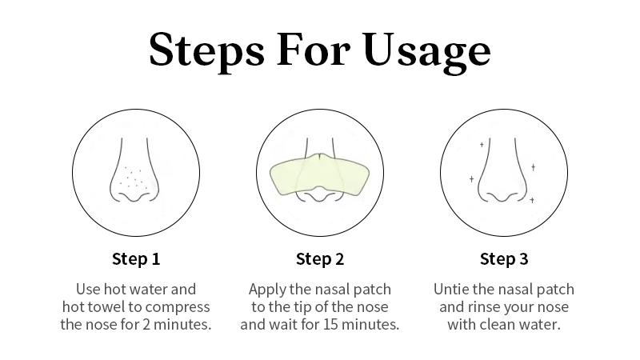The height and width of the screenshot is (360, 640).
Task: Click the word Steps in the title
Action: (207, 50)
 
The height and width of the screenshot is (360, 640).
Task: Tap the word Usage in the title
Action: (427, 51)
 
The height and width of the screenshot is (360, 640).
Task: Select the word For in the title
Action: (313, 49)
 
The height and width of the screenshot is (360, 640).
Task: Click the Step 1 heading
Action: (136, 258)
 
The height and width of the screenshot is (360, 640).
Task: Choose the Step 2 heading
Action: (320, 258)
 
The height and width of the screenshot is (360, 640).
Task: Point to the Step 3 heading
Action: (504, 258)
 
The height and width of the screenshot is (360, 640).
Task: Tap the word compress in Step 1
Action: (178, 308)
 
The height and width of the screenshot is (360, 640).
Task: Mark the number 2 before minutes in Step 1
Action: (146, 325)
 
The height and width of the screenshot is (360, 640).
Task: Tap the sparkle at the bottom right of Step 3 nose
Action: (532, 200)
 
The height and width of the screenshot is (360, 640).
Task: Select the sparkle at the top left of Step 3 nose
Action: (482, 145)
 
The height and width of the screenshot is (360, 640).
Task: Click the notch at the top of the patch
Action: (320, 155)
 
